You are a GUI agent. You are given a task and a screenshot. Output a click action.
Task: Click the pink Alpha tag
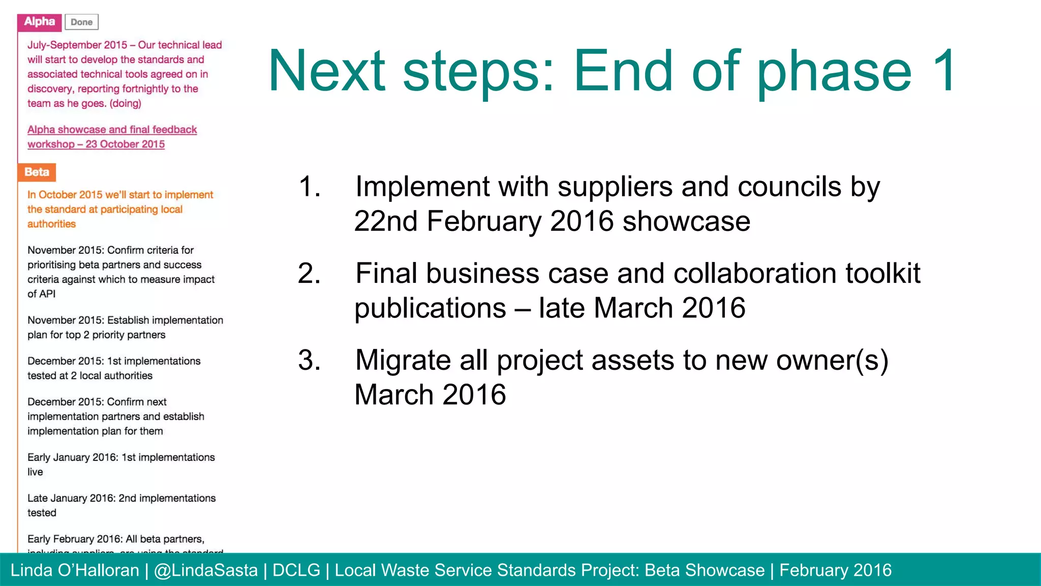pyautogui.click(x=40, y=22)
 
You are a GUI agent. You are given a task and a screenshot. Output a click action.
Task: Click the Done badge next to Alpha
pyautogui.click(x=81, y=22)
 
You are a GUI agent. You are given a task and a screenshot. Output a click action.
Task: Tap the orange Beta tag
pyautogui.click(x=37, y=172)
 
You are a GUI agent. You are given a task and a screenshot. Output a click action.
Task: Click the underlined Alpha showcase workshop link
pyautogui.click(x=112, y=137)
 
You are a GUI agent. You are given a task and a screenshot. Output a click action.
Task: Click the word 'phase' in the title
pyautogui.click(x=834, y=72)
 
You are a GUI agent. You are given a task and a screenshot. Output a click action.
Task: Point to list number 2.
pyautogui.click(x=309, y=274)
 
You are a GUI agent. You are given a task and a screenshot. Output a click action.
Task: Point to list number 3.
pyautogui.click(x=309, y=361)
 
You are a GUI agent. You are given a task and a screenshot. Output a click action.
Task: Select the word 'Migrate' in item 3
pyautogui.click(x=403, y=361)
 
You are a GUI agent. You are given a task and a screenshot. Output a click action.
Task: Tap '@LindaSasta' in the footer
pyautogui.click(x=205, y=570)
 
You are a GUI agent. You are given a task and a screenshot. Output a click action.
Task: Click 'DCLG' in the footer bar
pyautogui.click(x=296, y=570)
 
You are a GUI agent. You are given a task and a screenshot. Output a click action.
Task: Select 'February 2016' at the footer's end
pyautogui.click(x=835, y=570)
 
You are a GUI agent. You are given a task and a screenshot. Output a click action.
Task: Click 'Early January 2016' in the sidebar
pyautogui.click(x=72, y=457)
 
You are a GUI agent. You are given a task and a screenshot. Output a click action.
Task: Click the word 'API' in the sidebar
pyautogui.click(x=47, y=294)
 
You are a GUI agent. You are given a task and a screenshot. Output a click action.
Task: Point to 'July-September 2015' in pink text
pyautogui.click(x=77, y=45)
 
